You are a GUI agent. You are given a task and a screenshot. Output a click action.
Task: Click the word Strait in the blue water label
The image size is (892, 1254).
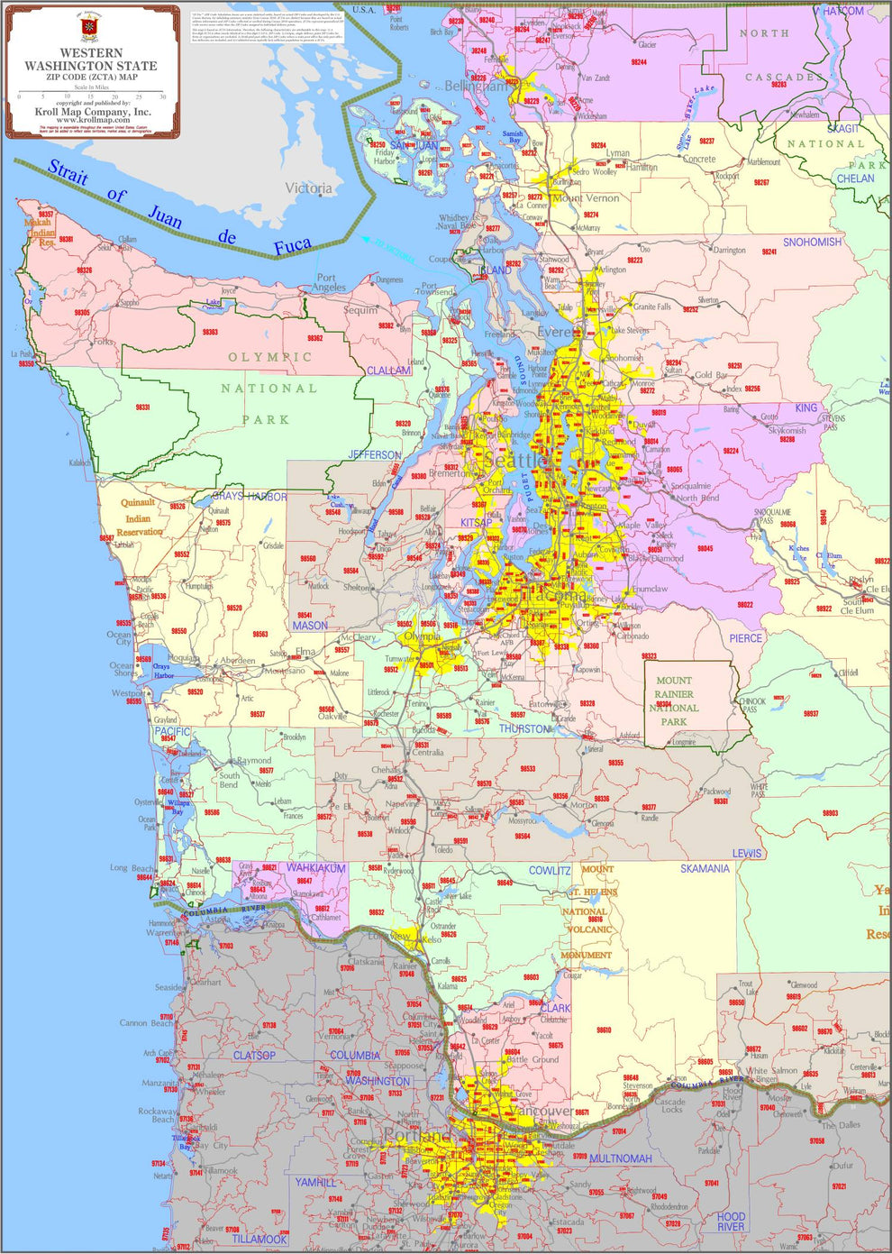coord(68,172)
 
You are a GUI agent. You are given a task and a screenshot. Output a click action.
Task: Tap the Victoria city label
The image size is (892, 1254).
coord(308,188)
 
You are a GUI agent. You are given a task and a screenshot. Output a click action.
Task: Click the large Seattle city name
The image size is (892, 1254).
coord(515,461)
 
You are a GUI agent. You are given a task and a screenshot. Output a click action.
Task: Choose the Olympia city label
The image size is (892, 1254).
coord(422,636)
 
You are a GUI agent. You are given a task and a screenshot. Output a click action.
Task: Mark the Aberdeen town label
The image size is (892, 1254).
coord(238,661)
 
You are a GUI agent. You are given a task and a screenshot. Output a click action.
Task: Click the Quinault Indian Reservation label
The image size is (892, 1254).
coord(139,517)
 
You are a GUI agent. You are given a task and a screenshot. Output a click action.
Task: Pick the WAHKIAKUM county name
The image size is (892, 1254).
coord(315,868)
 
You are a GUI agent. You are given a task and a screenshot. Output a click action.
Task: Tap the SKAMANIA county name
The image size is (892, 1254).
coord(705,869)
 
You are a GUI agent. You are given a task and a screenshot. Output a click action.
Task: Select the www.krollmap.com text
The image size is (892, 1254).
coord(93,120)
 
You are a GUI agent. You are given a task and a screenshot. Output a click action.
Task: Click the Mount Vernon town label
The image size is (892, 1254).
coord(586,198)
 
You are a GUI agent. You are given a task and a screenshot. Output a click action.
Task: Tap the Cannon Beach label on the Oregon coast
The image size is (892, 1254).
coord(146,1023)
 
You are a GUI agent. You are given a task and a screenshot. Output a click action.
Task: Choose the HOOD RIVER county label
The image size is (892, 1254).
coord(731,1222)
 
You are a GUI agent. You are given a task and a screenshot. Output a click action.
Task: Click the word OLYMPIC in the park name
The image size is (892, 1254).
coord(270,357)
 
